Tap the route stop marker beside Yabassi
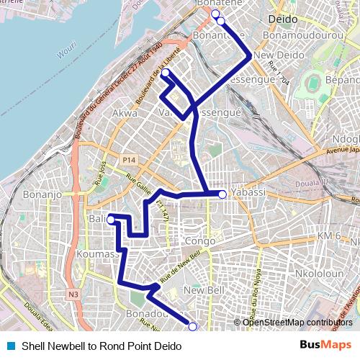coord(222,194)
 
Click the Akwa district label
coord(125,113)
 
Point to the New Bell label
coord(201,289)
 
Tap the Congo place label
coord(200,240)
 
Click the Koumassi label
coord(102,254)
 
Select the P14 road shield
coord(129,159)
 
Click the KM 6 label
coord(329,236)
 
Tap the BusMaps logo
coord(326,346)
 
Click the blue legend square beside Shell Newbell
coord(10,346)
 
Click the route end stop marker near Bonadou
coord(192,327)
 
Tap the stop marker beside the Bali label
coord(112,220)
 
